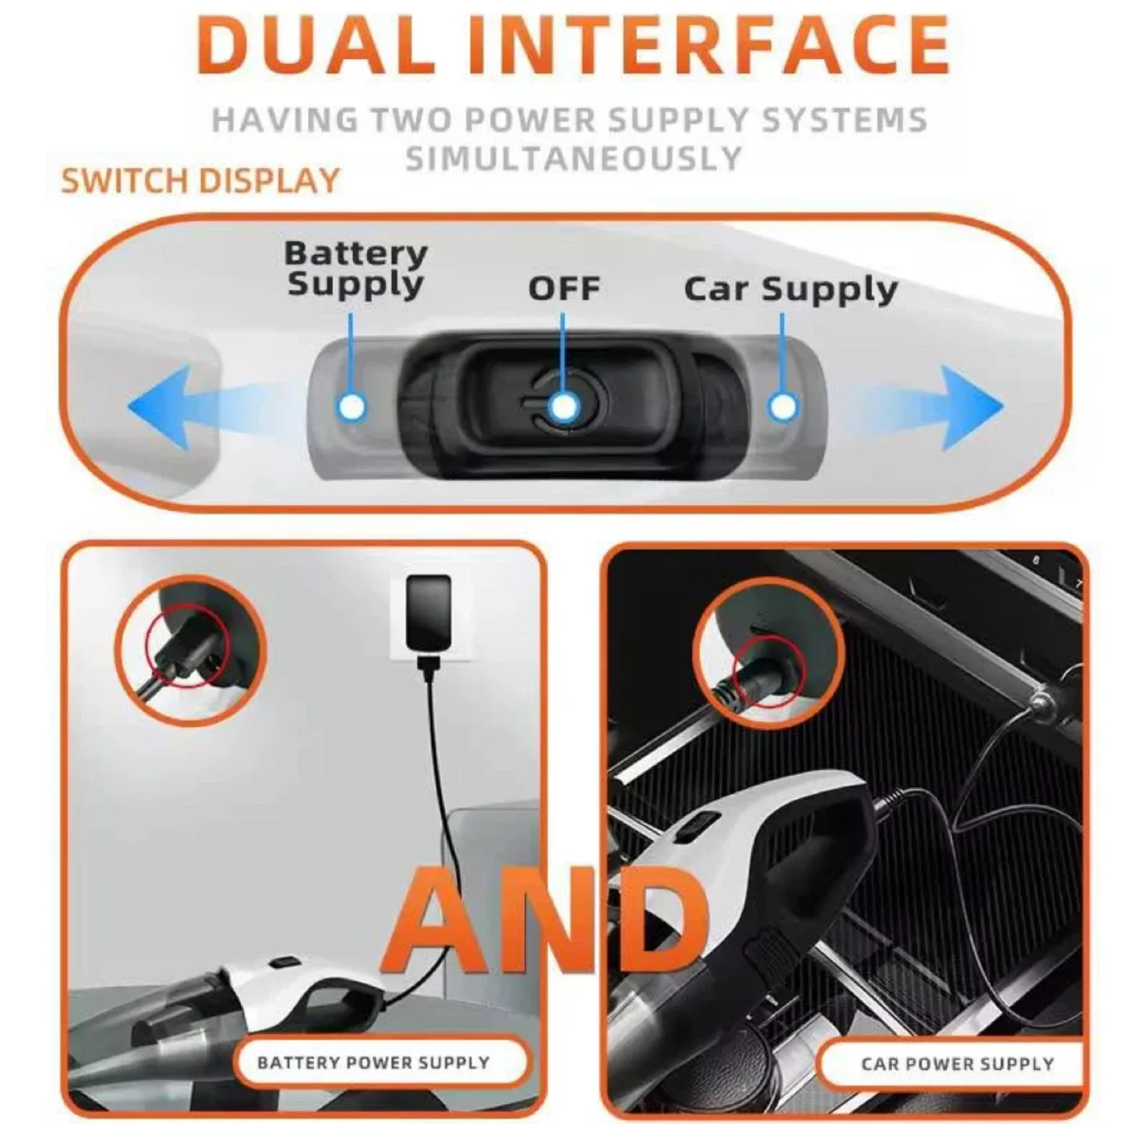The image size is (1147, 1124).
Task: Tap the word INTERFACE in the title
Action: click(708, 45)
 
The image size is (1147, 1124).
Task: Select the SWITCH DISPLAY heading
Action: click(201, 181)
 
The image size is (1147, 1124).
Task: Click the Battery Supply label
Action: click(355, 268)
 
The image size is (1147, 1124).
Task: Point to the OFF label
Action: click(564, 288)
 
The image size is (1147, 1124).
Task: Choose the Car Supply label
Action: click(790, 290)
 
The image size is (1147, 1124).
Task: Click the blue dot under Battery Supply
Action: click(351, 406)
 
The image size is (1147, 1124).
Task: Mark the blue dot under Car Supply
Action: click(782, 407)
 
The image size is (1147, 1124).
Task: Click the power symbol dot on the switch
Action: click(564, 406)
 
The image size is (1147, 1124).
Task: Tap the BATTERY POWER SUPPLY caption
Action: click(373, 1063)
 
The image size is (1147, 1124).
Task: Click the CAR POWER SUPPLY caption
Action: click(957, 1064)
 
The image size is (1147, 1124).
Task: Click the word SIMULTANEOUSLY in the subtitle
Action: click(573, 159)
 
